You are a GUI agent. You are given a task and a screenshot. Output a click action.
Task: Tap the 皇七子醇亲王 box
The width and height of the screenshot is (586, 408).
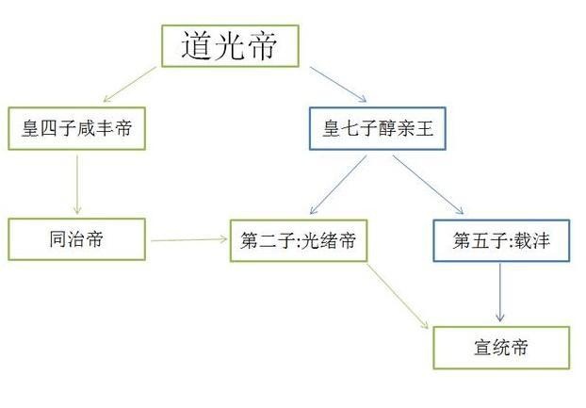(377, 129)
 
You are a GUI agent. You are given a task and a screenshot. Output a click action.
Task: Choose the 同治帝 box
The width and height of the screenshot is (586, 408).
(77, 239)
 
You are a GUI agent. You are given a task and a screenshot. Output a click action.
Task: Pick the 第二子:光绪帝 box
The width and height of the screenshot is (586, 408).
(298, 240)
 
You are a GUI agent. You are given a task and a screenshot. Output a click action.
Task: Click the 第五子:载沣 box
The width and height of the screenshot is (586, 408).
(501, 240)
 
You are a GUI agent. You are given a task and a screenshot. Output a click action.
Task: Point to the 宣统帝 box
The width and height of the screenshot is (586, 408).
(501, 347)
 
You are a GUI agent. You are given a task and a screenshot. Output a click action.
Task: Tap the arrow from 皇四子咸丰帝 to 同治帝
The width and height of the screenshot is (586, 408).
(78, 184)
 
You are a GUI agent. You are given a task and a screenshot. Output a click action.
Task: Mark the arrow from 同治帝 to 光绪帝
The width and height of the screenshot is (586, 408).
(189, 240)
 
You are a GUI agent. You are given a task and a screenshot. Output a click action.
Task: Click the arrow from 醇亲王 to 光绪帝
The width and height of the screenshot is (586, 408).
(336, 185)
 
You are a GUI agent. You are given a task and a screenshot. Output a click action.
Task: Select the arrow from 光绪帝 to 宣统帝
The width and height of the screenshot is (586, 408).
(396, 295)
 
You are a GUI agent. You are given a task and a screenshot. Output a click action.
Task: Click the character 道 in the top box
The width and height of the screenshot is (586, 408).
(196, 45)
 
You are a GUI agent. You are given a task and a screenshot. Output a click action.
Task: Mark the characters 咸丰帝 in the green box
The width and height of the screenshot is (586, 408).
(111, 130)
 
